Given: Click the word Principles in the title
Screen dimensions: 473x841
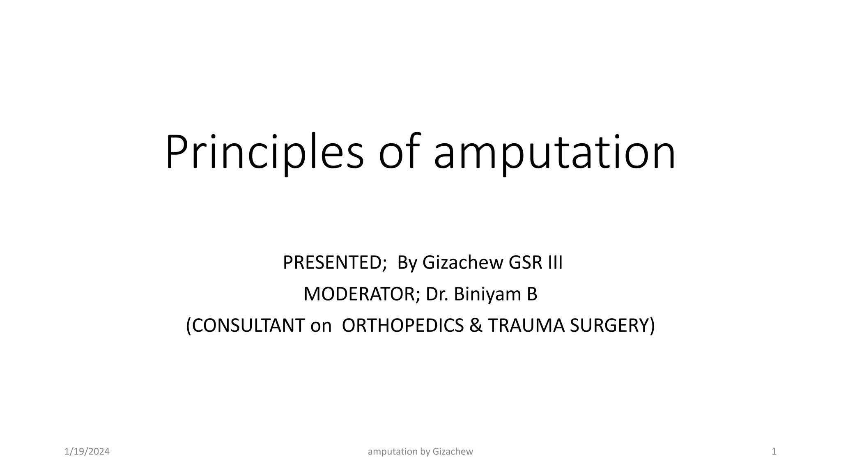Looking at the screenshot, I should coord(264,152).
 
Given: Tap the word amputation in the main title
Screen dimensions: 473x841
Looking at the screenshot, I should coord(554,152).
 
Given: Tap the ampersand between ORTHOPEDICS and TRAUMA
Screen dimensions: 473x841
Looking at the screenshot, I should coord(476,326).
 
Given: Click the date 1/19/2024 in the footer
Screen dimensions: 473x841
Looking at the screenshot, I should coord(87,452).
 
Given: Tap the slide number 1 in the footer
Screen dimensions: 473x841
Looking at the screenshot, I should coord(774,452).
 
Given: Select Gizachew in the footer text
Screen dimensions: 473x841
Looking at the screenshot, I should coord(453,452).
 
